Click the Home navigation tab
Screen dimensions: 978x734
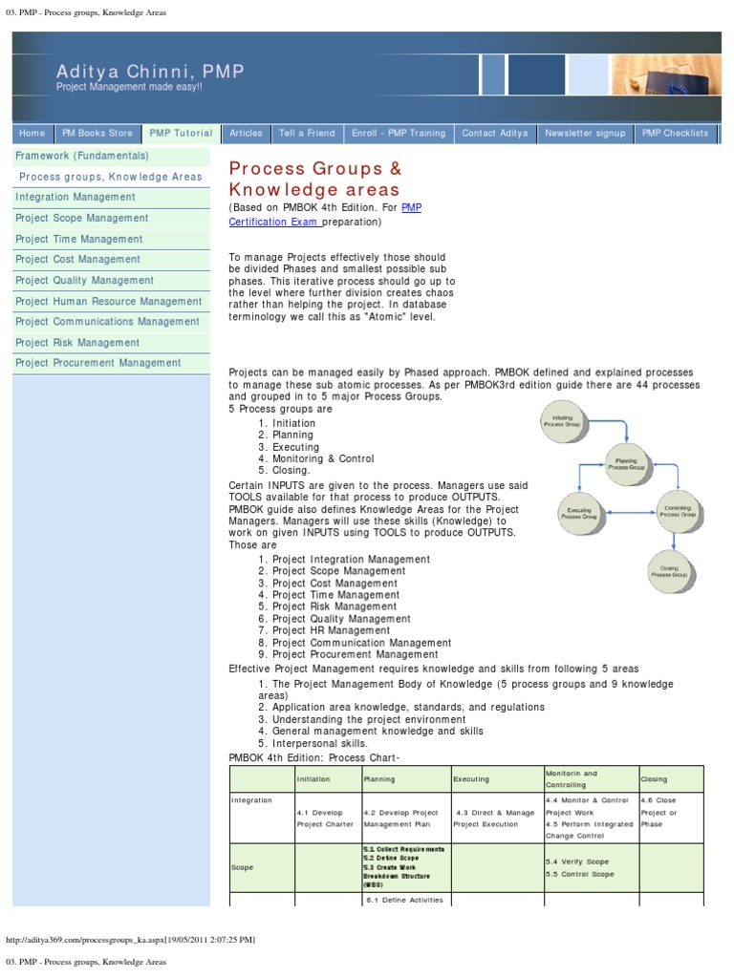click(32, 134)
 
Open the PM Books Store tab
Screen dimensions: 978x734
click(97, 134)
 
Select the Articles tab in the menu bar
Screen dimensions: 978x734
click(246, 134)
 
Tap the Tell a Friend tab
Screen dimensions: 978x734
click(307, 134)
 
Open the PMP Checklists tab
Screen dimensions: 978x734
click(675, 134)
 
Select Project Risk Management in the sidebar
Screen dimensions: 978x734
click(77, 343)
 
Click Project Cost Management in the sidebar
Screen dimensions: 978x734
click(77, 260)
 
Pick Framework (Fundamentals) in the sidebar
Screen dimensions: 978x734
click(82, 156)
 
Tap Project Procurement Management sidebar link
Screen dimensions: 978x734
click(97, 363)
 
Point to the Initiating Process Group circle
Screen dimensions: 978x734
click(563, 421)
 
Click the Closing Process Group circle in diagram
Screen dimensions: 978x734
click(669, 572)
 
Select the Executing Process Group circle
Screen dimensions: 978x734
click(579, 514)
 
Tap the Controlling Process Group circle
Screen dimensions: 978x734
click(677, 511)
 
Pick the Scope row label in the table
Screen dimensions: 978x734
click(243, 868)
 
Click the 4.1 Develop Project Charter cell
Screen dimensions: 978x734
click(325, 818)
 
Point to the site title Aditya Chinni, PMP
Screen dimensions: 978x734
click(150, 72)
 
